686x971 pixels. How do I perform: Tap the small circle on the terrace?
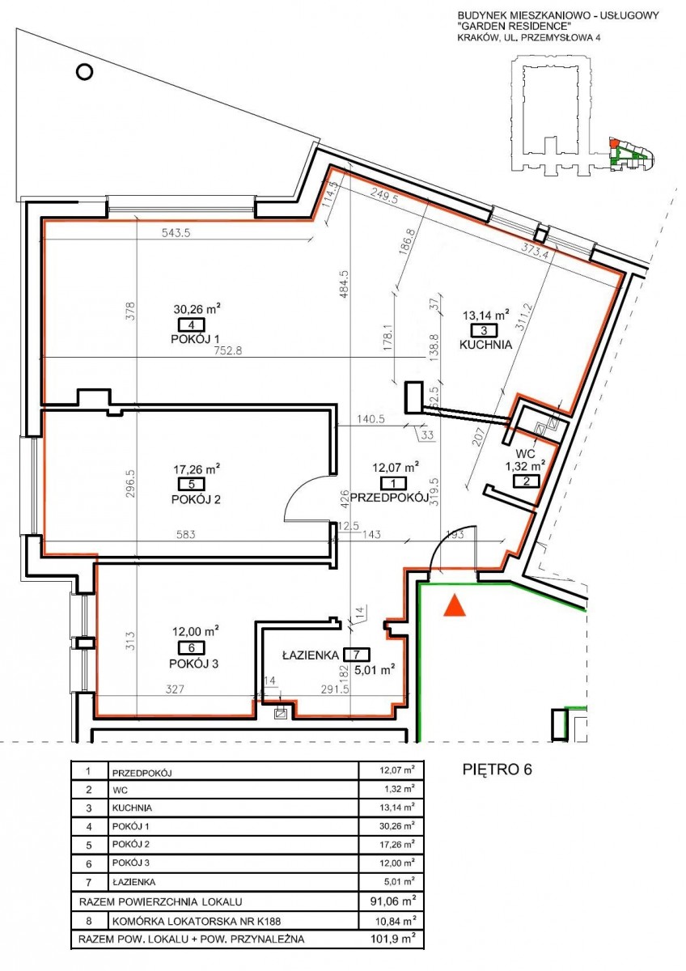click(84, 71)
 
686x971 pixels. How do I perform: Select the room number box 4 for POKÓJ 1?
click(191, 324)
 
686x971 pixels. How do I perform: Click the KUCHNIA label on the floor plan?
click(485, 345)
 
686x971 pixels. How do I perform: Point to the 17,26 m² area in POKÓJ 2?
click(197, 469)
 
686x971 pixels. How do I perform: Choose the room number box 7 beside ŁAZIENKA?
click(356, 654)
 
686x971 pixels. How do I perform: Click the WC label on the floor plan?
click(525, 454)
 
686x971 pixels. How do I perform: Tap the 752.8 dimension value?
click(227, 350)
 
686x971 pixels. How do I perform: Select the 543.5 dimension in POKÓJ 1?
click(176, 233)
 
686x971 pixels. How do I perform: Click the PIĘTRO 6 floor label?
click(498, 770)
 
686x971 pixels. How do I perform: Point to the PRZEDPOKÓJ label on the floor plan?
click(389, 498)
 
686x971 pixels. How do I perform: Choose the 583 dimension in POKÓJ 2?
click(186, 535)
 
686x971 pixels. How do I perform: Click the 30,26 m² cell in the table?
click(396, 826)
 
